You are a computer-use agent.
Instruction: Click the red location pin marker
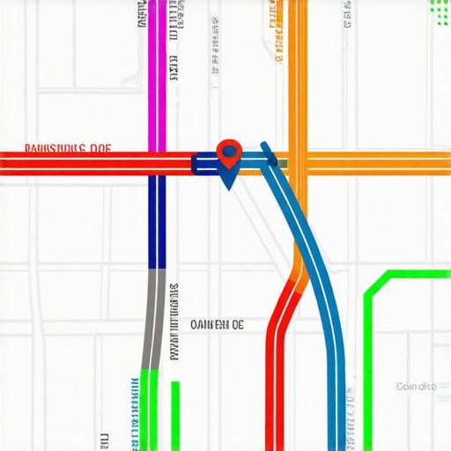click(x=229, y=152)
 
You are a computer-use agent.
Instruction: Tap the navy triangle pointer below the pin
click(x=228, y=181)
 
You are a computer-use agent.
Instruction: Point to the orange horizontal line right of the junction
click(x=379, y=164)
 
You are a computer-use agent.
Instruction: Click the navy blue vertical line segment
click(x=157, y=220)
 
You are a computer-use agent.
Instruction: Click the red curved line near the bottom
click(x=279, y=370)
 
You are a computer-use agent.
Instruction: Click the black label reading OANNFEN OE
click(x=217, y=324)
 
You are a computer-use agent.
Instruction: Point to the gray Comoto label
click(x=416, y=387)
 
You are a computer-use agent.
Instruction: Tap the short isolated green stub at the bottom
click(x=175, y=414)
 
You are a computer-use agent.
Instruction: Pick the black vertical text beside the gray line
click(x=174, y=322)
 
